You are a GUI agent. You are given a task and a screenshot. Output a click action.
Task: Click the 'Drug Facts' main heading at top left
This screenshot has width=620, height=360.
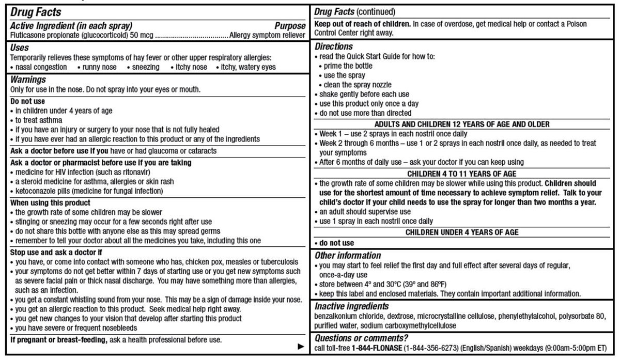click(x=36, y=12)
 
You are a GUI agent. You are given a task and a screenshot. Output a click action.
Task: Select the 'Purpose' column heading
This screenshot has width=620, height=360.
click(x=290, y=26)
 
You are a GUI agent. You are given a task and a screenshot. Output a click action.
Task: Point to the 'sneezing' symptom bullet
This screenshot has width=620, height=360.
click(x=146, y=67)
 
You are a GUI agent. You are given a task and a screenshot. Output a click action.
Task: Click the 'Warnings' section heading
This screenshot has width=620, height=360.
click(x=28, y=80)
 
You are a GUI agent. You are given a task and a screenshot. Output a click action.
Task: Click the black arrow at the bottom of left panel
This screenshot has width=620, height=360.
click(x=301, y=346)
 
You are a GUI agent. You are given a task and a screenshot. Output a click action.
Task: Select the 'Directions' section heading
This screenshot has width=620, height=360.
click(x=333, y=46)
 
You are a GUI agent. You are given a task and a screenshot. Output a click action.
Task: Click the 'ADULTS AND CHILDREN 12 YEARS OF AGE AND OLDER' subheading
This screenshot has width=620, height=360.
click(x=462, y=124)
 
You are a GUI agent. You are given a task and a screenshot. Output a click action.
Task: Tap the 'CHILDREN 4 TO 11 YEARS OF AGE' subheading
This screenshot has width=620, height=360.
click(x=462, y=174)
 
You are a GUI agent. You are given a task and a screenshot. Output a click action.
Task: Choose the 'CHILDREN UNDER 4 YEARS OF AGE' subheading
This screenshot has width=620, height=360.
click(x=462, y=233)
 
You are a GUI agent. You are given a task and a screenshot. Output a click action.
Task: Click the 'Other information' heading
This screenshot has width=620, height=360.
click(x=348, y=256)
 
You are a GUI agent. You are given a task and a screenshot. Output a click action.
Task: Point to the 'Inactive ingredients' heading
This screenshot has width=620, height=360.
click(x=352, y=306)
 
